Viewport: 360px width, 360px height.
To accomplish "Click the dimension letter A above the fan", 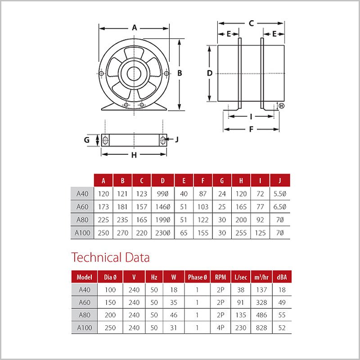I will tap(134, 27).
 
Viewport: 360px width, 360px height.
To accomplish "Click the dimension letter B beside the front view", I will tap(179, 73).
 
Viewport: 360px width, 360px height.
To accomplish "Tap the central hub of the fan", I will tap(134, 73).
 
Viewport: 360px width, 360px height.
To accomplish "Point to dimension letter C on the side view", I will tap(252, 23).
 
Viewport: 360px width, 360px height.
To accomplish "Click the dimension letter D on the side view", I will tap(209, 73).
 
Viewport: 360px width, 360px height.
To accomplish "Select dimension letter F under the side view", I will tap(252, 130).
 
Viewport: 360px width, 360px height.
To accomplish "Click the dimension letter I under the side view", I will tap(251, 117).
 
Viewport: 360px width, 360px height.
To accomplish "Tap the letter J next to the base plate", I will tap(177, 139).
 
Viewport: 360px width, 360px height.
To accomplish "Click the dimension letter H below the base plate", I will tap(134, 155).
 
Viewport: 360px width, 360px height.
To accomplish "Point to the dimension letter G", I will tap(87, 139).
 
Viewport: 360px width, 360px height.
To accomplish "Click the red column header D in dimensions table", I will tap(162, 181).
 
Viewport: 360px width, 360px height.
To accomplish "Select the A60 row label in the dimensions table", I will tap(82, 207).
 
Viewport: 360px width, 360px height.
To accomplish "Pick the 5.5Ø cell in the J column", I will tap(280, 194).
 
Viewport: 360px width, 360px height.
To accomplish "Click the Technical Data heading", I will tap(111, 258).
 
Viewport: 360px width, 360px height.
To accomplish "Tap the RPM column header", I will tap(221, 277).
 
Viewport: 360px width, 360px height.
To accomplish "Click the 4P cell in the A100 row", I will tap(221, 328).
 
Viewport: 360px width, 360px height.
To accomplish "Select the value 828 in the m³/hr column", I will tap(262, 328).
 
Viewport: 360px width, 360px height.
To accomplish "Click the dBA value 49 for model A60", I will tap(282, 302).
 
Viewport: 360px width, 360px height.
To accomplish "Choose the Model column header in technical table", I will tap(84, 277).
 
